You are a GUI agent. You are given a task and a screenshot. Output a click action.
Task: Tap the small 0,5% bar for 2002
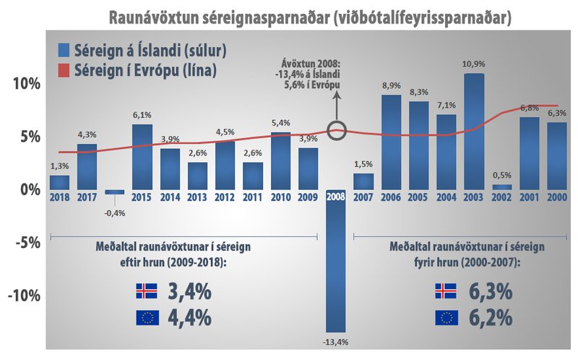[502, 187]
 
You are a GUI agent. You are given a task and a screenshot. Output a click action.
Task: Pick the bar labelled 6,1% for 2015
[142, 156]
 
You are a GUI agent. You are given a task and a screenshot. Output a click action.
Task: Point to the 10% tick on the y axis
[22, 83]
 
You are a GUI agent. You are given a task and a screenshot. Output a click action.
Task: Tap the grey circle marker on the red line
[336, 131]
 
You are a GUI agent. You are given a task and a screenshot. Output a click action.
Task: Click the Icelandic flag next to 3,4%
[146, 292]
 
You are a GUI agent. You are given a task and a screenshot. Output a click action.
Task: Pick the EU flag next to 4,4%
[146, 317]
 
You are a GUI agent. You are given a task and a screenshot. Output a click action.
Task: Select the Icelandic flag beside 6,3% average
[445, 292]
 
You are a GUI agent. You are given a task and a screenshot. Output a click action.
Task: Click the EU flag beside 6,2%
[445, 317]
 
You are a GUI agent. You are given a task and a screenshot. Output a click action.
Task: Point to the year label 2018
[60, 197]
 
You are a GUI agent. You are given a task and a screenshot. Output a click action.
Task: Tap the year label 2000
[556, 197]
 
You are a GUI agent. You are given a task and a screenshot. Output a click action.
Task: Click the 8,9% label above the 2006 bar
[391, 87]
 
